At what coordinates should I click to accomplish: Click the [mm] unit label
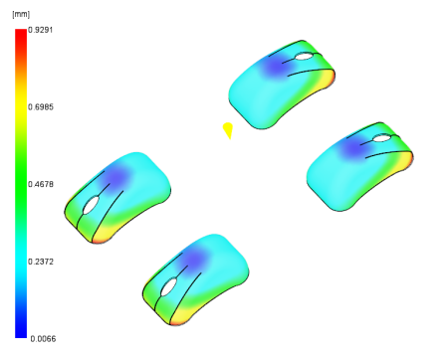click(x=21, y=15)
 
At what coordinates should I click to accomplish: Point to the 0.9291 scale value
click(x=41, y=30)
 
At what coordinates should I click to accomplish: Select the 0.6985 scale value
click(x=41, y=107)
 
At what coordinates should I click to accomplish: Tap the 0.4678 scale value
click(x=41, y=184)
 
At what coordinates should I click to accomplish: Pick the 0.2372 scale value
click(x=41, y=262)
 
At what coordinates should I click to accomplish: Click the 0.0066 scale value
click(x=43, y=339)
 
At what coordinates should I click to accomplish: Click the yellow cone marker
click(x=228, y=130)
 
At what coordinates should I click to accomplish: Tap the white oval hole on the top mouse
click(x=304, y=56)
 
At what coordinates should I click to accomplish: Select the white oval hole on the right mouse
click(x=382, y=138)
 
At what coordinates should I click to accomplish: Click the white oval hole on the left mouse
click(x=91, y=205)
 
